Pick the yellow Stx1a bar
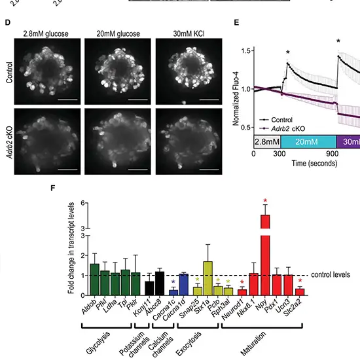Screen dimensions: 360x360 point(207,278)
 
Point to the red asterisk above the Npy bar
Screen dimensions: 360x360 point(265,201)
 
